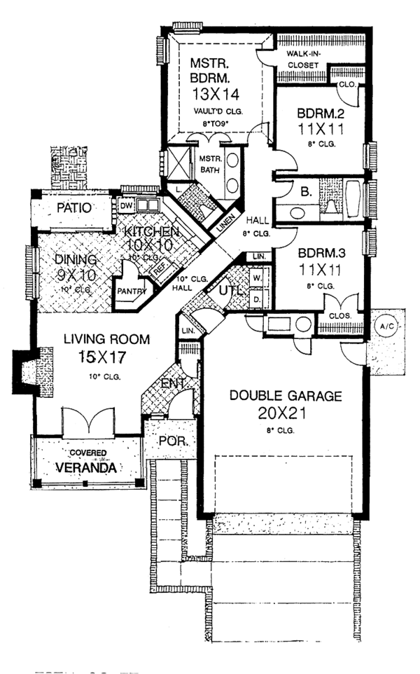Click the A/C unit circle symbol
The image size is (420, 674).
coord(386,326)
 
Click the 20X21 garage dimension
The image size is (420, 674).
coord(286,413)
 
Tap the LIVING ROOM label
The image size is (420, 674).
coord(106,339)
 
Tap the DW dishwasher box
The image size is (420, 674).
coord(126,207)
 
